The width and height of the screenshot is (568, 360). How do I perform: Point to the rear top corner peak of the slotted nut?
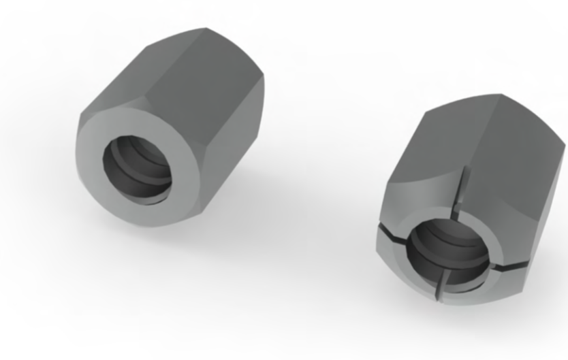click(x=501, y=95)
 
